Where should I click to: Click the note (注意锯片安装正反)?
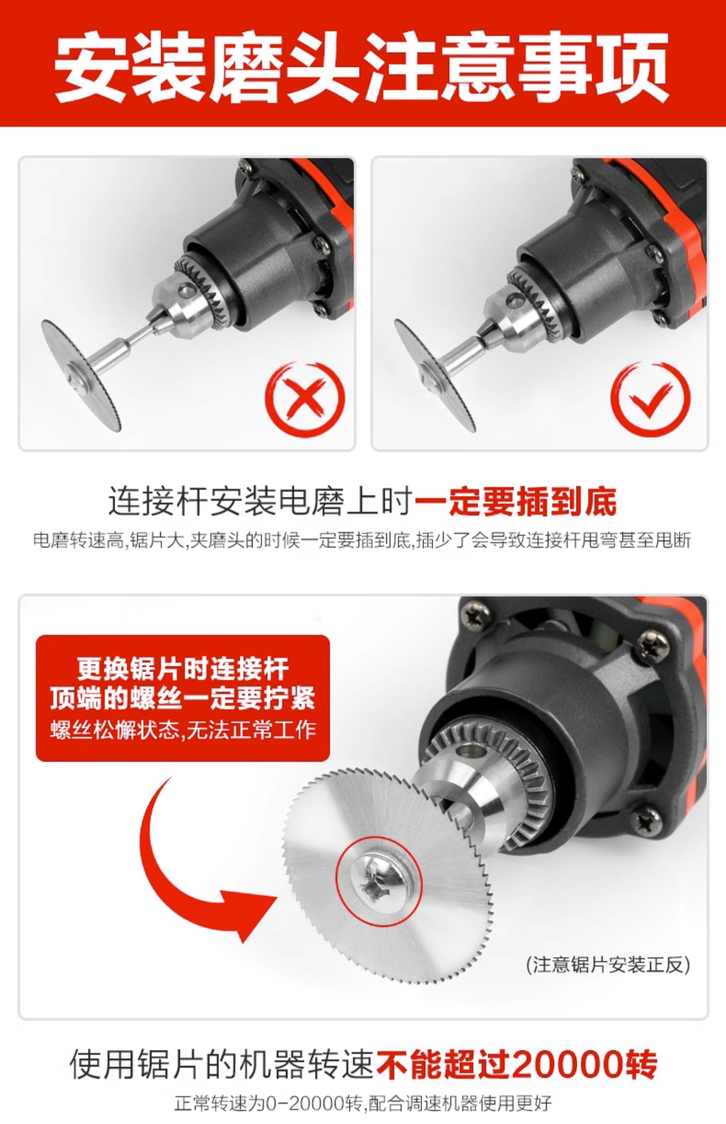[x=607, y=965]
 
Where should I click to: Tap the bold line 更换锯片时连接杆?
[x=183, y=670]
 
